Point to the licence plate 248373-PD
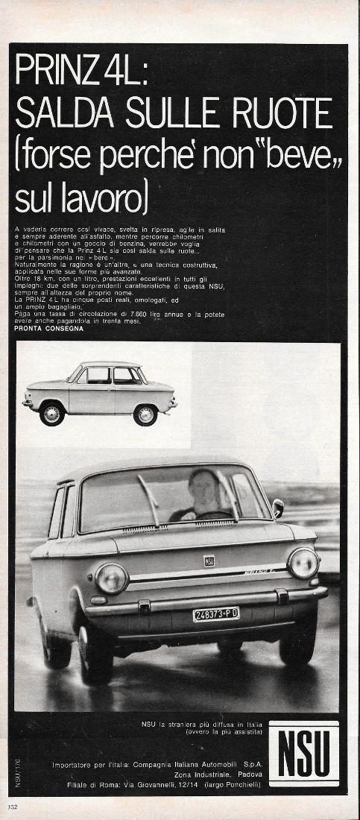click(x=216, y=614)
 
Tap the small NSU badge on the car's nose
click(x=209, y=560)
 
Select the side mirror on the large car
click(x=278, y=508)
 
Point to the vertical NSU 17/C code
click(x=16, y=773)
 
